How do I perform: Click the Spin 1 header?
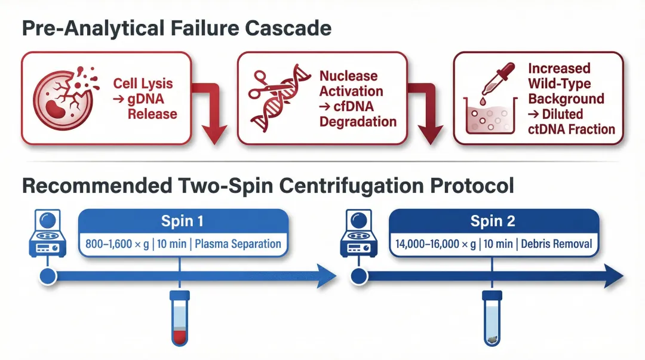pos(182,221)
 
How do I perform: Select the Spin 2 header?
pos(493,221)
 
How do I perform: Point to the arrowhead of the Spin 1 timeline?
pos(325,276)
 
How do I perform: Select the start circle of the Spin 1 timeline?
pos(47,276)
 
